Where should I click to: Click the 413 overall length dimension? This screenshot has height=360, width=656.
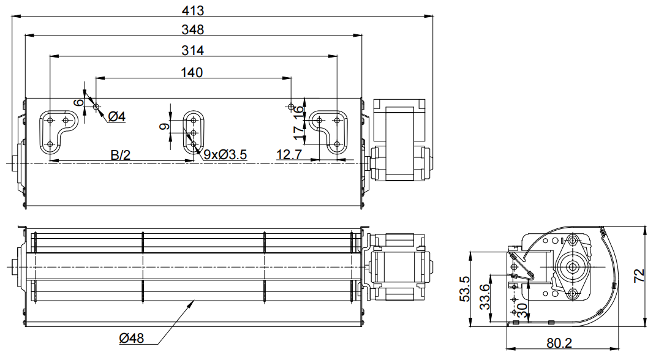tap(193, 10)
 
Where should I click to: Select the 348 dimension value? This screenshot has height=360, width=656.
tap(193, 29)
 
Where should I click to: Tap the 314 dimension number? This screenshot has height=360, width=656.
tap(193, 50)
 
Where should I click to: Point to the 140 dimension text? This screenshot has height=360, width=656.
tap(192, 72)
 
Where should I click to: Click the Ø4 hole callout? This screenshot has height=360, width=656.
tap(117, 117)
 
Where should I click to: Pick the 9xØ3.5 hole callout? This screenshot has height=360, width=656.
tap(225, 155)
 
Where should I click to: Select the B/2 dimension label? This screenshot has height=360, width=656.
tap(121, 155)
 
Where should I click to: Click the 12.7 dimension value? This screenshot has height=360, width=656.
tap(289, 155)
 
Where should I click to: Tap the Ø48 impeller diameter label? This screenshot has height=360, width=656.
tap(131, 338)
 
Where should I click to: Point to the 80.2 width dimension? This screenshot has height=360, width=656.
tap(559, 343)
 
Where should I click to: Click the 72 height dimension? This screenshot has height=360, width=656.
tap(639, 276)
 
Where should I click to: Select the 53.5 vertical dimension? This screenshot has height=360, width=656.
tap(464, 289)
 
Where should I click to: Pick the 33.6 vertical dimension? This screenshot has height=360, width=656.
tap(484, 296)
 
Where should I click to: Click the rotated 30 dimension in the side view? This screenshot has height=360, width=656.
tap(522, 310)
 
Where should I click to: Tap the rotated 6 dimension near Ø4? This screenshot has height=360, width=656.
tap(78, 102)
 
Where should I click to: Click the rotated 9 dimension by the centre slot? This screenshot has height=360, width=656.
tap(165, 126)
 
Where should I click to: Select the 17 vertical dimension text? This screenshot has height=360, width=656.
tap(299, 132)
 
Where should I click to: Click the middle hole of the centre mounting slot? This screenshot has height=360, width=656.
tap(194, 133)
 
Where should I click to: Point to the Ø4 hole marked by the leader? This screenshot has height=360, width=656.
tap(96, 107)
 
